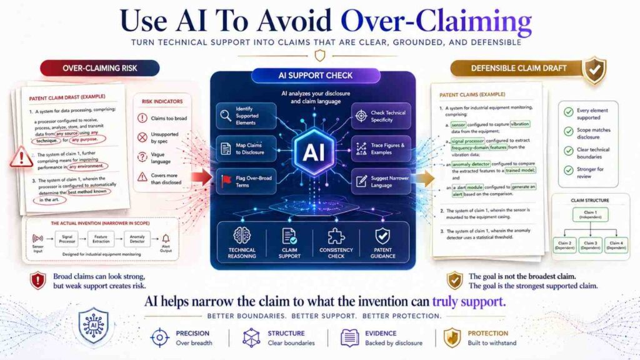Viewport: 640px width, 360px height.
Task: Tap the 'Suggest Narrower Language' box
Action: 381,182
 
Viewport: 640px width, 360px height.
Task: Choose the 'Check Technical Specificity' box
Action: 381,116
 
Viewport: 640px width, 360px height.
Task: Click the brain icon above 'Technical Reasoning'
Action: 241,235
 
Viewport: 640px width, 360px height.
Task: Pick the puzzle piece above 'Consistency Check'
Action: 336,235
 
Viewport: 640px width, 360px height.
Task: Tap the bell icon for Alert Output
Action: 166,238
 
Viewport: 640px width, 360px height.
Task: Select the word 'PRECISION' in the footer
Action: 193,333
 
